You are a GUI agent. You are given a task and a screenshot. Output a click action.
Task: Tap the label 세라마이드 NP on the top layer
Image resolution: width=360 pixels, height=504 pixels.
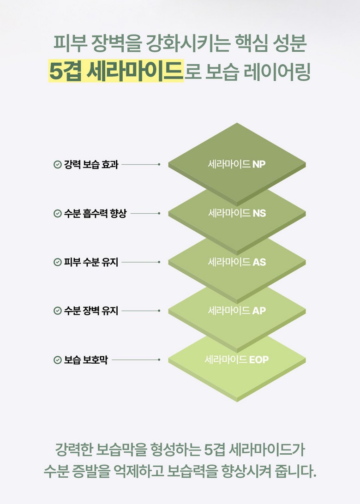pos(237,164)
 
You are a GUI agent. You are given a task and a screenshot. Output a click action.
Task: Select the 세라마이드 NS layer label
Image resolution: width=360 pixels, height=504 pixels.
pos(237,213)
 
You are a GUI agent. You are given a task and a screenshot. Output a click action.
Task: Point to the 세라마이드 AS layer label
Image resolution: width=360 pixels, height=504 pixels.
pos(237,262)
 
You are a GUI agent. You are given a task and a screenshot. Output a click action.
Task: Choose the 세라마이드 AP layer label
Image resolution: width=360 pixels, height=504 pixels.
pos(237,311)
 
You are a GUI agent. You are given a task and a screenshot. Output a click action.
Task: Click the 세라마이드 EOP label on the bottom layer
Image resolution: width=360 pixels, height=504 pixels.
pos(236,360)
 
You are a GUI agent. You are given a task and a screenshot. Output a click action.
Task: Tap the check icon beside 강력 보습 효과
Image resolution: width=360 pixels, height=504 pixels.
pos(58,164)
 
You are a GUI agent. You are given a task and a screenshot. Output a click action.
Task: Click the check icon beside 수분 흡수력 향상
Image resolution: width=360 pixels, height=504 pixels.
pos(58,213)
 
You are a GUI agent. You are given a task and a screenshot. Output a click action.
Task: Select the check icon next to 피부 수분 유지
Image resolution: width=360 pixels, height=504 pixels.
pos(58,262)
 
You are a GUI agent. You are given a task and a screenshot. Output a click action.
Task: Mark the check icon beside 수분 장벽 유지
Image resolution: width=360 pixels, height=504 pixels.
pos(58,311)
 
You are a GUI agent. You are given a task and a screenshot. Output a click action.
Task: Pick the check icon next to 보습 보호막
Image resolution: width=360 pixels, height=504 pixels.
pos(58,360)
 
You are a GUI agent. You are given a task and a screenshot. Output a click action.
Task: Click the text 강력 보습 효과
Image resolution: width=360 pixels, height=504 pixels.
pos(91,164)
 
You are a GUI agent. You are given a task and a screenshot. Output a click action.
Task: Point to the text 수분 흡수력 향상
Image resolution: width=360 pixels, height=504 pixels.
pos(95,213)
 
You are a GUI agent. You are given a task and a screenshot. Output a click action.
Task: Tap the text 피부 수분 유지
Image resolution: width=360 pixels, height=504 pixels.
pos(91,262)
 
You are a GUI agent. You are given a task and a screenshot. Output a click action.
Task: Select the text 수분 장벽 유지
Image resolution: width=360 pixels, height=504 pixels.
pos(91,311)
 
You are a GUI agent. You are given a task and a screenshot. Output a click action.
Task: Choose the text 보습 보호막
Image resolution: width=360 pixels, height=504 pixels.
pos(86,360)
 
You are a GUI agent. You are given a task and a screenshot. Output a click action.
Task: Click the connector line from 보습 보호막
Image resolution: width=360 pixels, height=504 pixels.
pos(136,360)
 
